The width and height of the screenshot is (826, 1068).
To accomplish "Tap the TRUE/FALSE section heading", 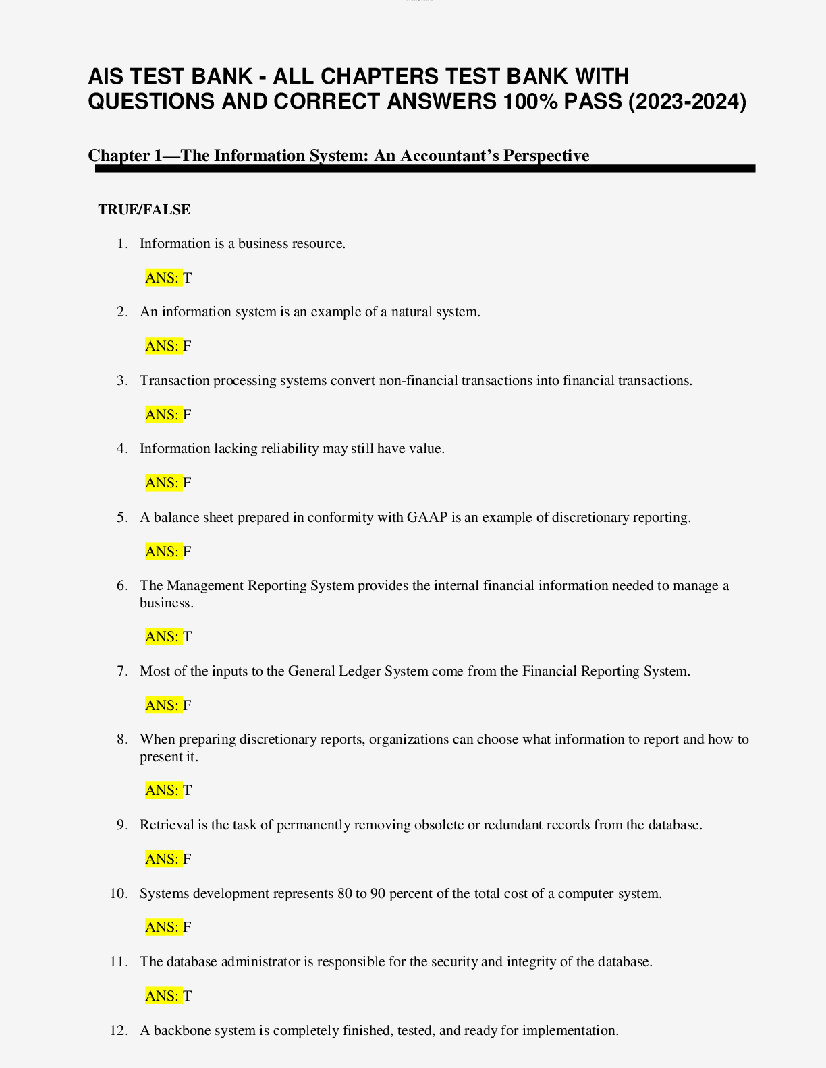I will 144,210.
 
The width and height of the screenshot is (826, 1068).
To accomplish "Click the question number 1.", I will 121,244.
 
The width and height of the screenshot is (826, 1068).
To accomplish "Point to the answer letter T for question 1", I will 188,278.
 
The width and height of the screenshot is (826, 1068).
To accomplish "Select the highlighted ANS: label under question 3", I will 163,415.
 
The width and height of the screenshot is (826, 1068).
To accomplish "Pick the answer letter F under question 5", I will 188,552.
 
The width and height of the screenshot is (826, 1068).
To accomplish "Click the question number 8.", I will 121,740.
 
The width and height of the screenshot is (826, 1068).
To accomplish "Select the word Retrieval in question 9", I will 167,825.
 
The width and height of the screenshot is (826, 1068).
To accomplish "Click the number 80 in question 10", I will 345,894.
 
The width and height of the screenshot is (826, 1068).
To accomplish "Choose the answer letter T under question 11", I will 188,996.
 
